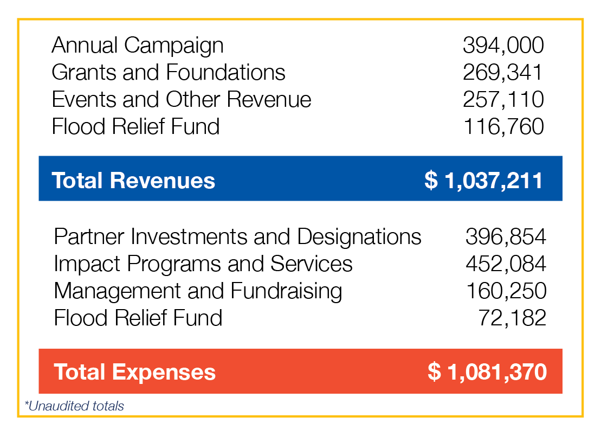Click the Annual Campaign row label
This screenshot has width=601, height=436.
[x=137, y=46]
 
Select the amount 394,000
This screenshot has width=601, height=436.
[x=503, y=46]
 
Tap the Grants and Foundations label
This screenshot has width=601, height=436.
[x=169, y=73]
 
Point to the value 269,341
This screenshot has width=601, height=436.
[x=503, y=73]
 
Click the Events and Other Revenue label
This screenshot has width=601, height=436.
[x=182, y=100]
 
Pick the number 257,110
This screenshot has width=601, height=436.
[x=503, y=100]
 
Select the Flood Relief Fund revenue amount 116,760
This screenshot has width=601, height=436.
[x=503, y=127]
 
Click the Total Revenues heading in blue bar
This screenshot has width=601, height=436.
[x=133, y=180]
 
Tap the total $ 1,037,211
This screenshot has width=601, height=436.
[x=483, y=180]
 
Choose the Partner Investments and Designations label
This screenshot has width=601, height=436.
[x=237, y=237]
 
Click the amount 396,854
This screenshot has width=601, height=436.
[x=505, y=237]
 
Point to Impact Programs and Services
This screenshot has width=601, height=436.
[x=203, y=264]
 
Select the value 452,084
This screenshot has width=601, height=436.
[x=505, y=264]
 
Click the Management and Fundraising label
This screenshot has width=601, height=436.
[x=198, y=291]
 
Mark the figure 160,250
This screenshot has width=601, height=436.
[x=505, y=291]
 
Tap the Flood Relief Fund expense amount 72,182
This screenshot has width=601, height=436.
[x=512, y=318]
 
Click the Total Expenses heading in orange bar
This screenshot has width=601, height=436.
[x=135, y=373]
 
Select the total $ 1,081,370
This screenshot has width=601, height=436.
[x=487, y=373]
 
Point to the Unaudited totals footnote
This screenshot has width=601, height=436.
[x=75, y=406]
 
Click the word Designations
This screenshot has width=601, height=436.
[x=359, y=237]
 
